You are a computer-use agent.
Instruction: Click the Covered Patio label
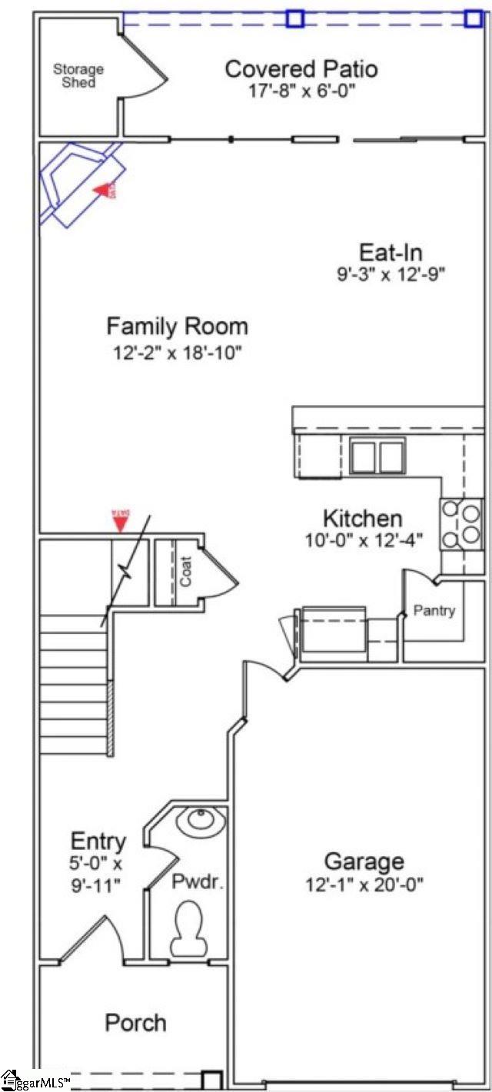coord(301,68)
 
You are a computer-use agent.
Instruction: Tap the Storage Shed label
coord(78,75)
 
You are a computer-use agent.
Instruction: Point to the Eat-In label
coord(391,252)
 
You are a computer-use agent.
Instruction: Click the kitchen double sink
coord(377,456)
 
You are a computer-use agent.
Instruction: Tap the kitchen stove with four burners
coord(460,523)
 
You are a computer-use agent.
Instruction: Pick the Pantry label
coord(434,611)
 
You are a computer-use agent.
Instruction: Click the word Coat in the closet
coord(186,572)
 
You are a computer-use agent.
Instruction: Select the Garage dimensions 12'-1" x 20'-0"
coord(364,884)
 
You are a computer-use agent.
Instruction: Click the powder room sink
coord(201,821)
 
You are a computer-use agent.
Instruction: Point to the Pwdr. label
coord(197,881)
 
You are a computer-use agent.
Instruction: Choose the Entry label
coord(98,841)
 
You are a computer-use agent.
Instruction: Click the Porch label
coord(135,1023)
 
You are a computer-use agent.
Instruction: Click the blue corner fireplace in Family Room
coord(77,184)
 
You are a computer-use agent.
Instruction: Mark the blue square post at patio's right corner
coord(474,18)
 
